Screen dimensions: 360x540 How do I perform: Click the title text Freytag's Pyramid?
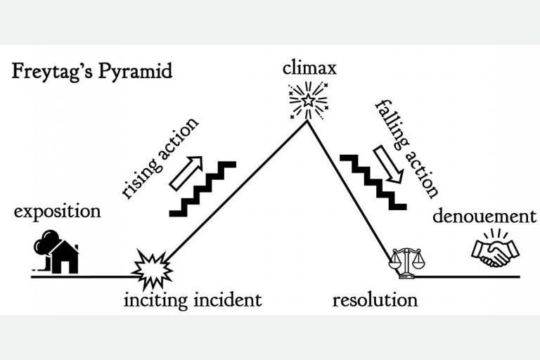(91, 72)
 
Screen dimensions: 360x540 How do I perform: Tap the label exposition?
(58, 211)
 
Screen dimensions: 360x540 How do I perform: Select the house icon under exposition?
(65, 258)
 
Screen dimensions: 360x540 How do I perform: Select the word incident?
(228, 300)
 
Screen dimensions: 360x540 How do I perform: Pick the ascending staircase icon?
(204, 188)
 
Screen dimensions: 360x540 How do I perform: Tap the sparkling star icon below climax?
(308, 101)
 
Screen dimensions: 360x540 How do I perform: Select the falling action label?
(407, 148)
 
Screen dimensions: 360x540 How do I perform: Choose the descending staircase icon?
(372, 182)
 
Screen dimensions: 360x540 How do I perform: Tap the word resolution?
(375, 300)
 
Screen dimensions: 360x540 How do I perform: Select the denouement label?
(484, 216)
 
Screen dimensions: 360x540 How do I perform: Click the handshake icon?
(495, 250)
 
